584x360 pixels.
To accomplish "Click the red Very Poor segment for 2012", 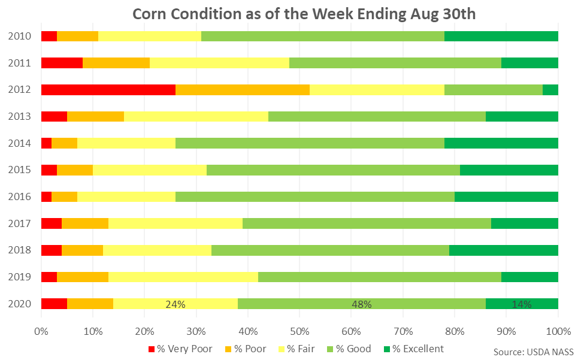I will pyautogui.click(x=108, y=90).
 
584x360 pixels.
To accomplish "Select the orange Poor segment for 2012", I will pyautogui.click(x=243, y=90).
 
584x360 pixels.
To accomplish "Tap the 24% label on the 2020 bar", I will pyautogui.click(x=175, y=304).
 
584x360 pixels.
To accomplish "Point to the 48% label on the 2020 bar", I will pyautogui.click(x=362, y=304).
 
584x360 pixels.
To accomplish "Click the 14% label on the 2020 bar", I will pyautogui.click(x=522, y=304).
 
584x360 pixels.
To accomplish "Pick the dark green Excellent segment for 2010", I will pyautogui.click(x=501, y=36).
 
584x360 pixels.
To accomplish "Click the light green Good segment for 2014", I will pyautogui.click(x=310, y=143).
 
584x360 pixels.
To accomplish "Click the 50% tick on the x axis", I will pyautogui.click(x=299, y=331).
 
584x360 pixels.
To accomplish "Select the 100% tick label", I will pyautogui.click(x=557, y=331).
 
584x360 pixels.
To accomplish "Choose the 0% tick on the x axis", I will pyautogui.click(x=41, y=331).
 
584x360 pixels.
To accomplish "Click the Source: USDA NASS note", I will pyautogui.click(x=532, y=351).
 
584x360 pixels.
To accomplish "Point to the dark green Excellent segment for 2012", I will pyautogui.click(x=550, y=90).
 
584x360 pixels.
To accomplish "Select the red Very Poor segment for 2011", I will pyautogui.click(x=62, y=63).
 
